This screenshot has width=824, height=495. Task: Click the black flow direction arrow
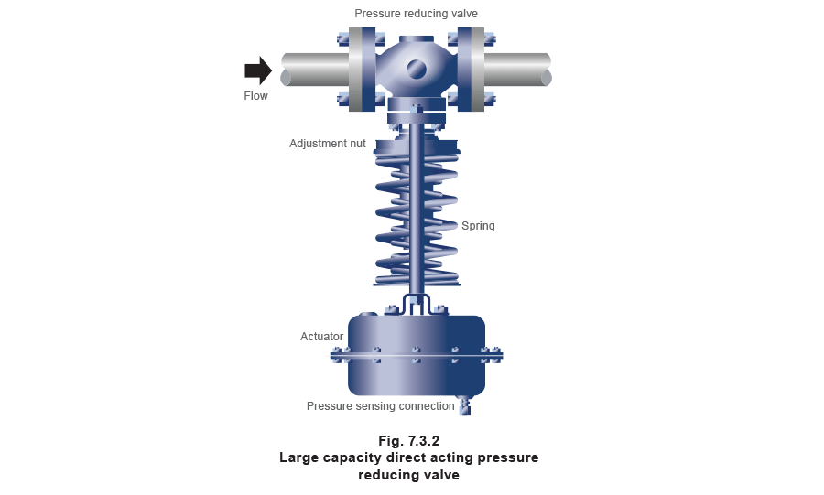click(258, 70)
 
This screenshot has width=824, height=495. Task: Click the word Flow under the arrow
click(255, 94)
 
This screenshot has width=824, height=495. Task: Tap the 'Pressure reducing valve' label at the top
click(417, 14)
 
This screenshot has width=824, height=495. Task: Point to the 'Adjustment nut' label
click(328, 144)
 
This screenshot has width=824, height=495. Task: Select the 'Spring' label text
click(478, 225)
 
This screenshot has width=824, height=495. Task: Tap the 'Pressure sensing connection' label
click(378, 404)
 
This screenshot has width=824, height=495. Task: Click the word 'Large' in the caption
click(302, 457)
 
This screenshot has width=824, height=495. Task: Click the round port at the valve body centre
click(417, 69)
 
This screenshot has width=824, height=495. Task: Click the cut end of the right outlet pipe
click(547, 70)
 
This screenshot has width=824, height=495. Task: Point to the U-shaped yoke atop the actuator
click(417, 301)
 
